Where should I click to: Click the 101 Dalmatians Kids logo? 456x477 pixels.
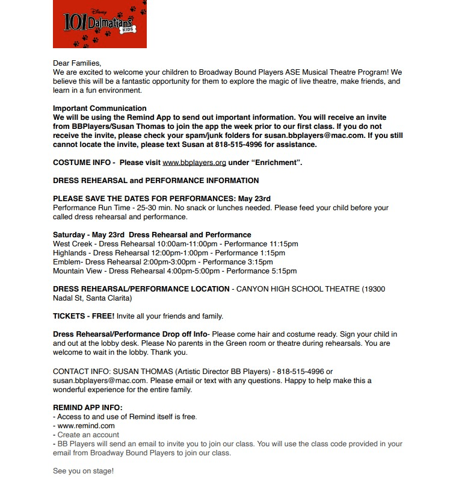100,24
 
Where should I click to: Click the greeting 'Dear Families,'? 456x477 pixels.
77,63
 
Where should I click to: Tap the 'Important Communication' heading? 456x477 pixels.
95,108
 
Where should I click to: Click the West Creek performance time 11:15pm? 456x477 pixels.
278,244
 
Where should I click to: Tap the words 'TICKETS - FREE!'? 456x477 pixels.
84,316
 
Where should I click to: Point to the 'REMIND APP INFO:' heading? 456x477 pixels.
87,408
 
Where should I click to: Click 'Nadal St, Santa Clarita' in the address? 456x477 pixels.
92,298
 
